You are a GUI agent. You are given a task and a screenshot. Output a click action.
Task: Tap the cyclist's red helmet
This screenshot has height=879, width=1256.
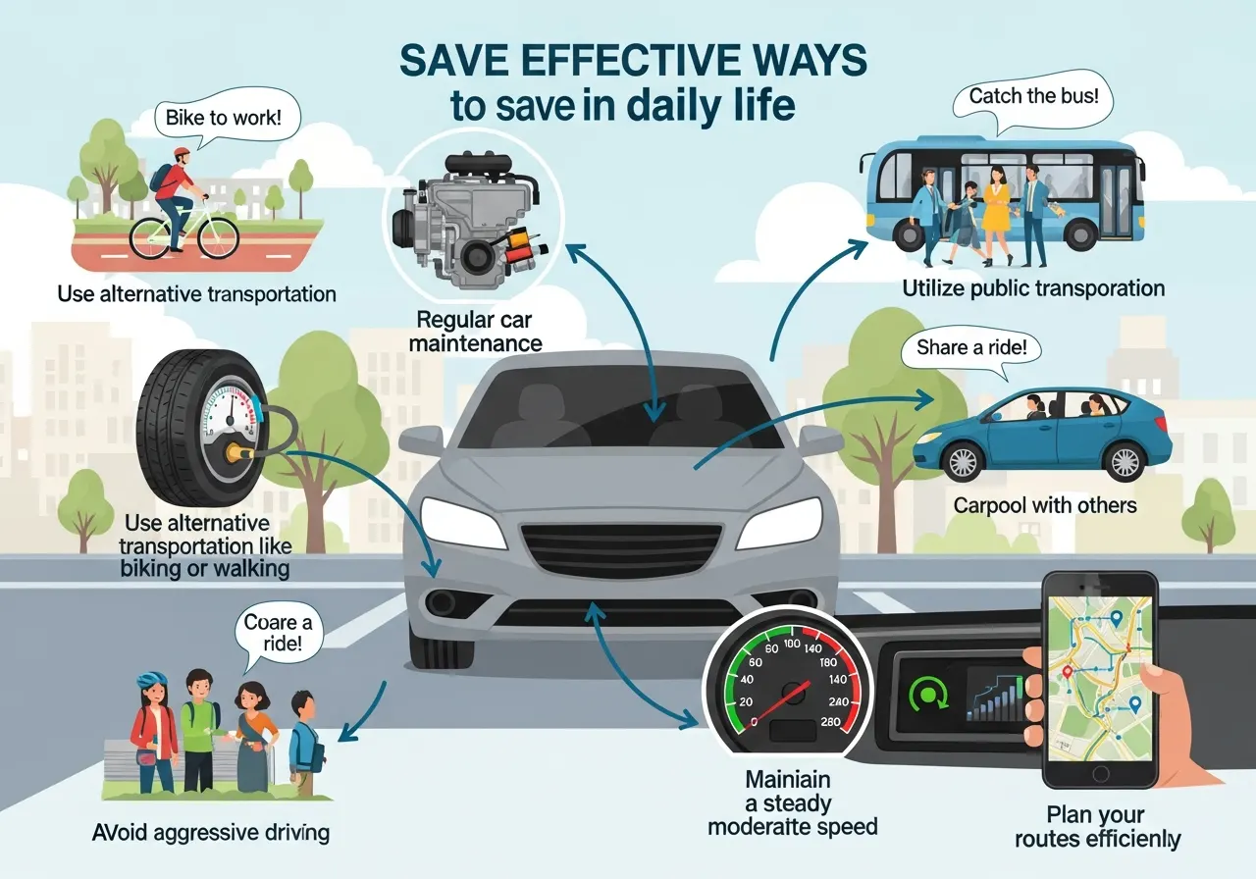(182, 156)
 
